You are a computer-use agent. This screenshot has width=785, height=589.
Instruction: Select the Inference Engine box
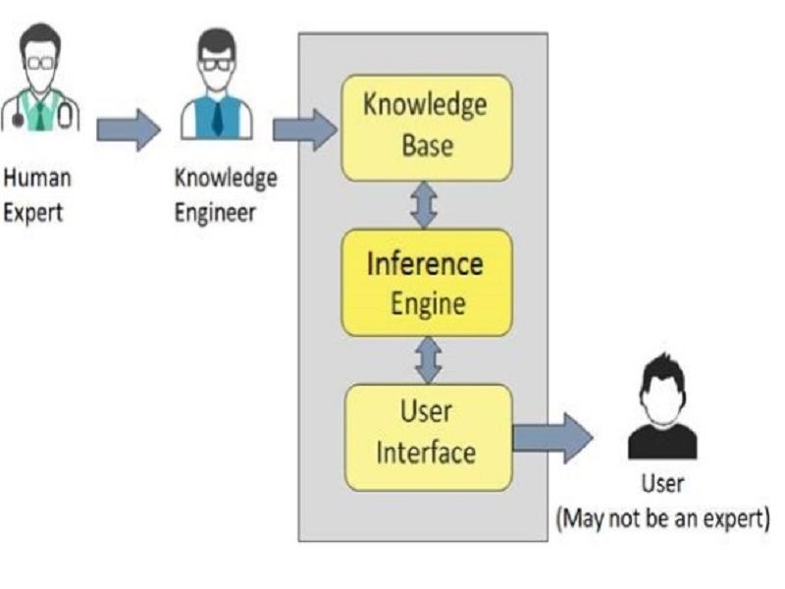pyautogui.click(x=426, y=283)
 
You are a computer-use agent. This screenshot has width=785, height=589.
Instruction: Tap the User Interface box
pyautogui.click(x=426, y=436)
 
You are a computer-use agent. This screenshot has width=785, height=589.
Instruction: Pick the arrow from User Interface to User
pyautogui.click(x=551, y=438)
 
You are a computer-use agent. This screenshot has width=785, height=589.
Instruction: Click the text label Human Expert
pyautogui.click(x=37, y=195)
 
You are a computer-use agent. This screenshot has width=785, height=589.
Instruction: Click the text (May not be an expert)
pyautogui.click(x=662, y=517)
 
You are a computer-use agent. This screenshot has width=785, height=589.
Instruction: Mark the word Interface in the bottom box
pyautogui.click(x=426, y=453)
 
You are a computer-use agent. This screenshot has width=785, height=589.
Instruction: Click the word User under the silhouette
pyautogui.click(x=662, y=484)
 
